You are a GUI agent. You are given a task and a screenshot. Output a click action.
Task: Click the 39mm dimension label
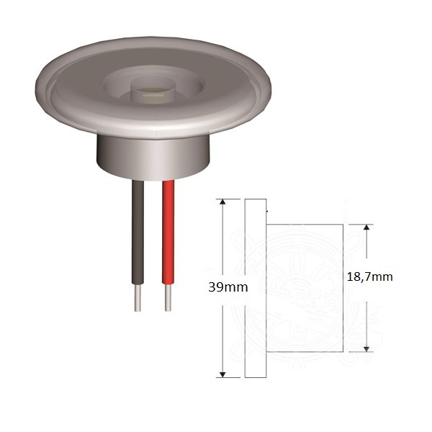tap(228, 287)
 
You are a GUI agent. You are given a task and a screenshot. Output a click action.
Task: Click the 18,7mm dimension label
tap(370, 277)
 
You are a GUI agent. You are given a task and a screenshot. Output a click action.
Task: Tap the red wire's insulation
tap(168, 233)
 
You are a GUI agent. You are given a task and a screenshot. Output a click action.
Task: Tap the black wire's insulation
tap(138, 233)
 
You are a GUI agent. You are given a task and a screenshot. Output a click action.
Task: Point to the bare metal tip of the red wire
tap(168, 298)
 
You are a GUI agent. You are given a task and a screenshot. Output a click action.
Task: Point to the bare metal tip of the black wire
tap(138, 298)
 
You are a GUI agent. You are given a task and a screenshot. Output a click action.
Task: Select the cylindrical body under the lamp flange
tap(153, 158)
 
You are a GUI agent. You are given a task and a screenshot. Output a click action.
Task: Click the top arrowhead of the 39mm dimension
tap(222, 202)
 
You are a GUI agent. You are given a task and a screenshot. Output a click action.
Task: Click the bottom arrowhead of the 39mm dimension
tap(222, 374)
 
